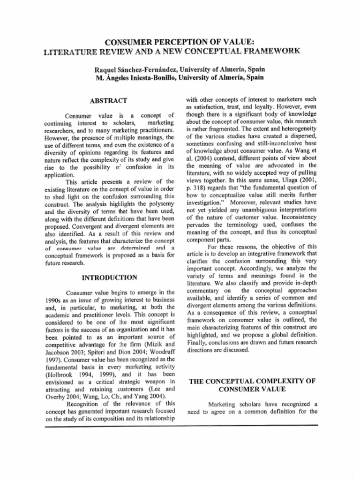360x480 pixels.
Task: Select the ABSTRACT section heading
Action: (x=108, y=100)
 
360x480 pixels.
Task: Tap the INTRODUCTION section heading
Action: (x=109, y=277)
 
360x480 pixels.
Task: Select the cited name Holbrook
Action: (x=63, y=375)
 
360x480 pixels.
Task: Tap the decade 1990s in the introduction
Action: (x=55, y=300)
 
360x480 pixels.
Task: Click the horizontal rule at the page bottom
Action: (x=181, y=425)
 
